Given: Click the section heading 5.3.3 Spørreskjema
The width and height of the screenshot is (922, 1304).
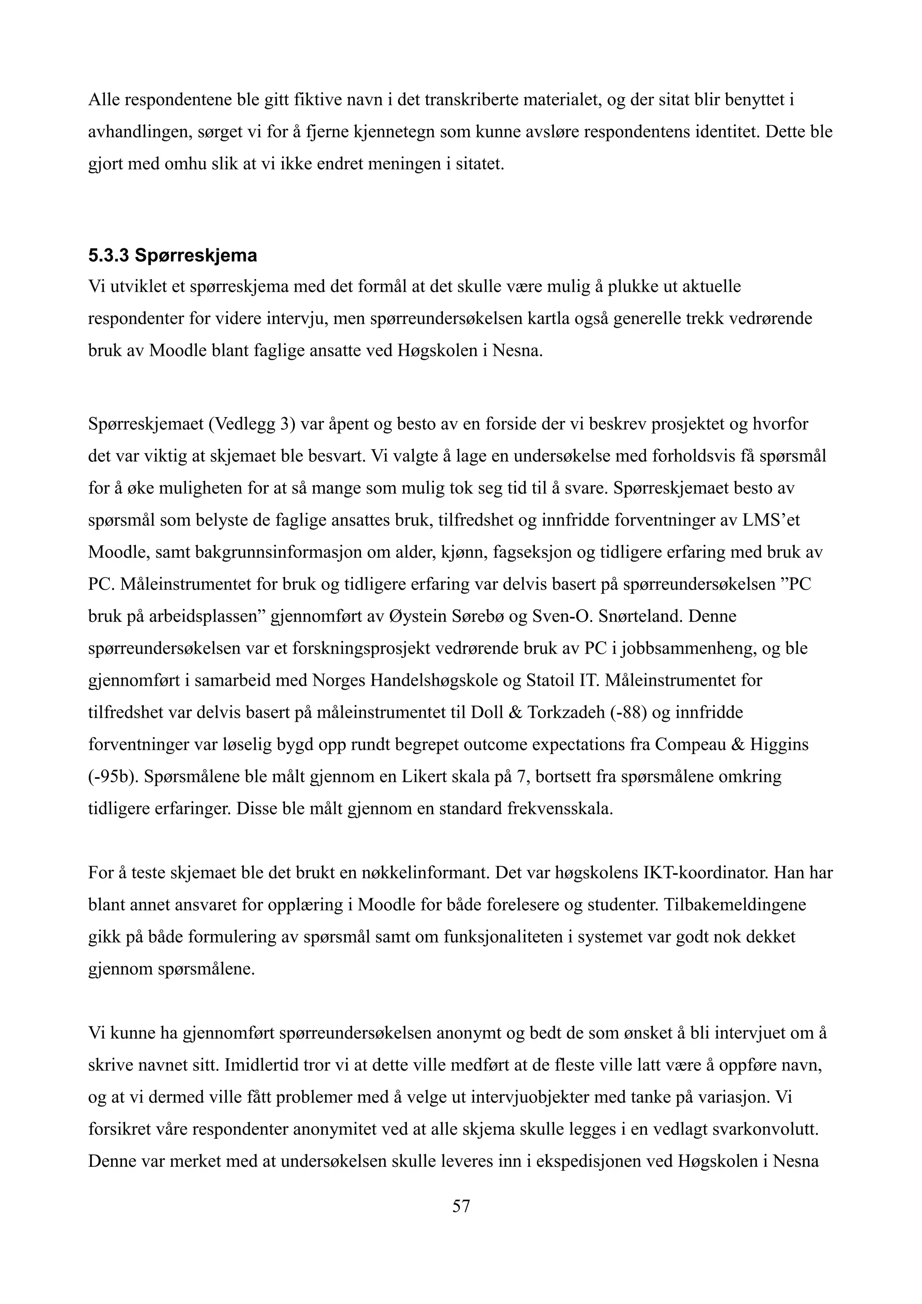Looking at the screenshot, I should coord(173,256).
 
